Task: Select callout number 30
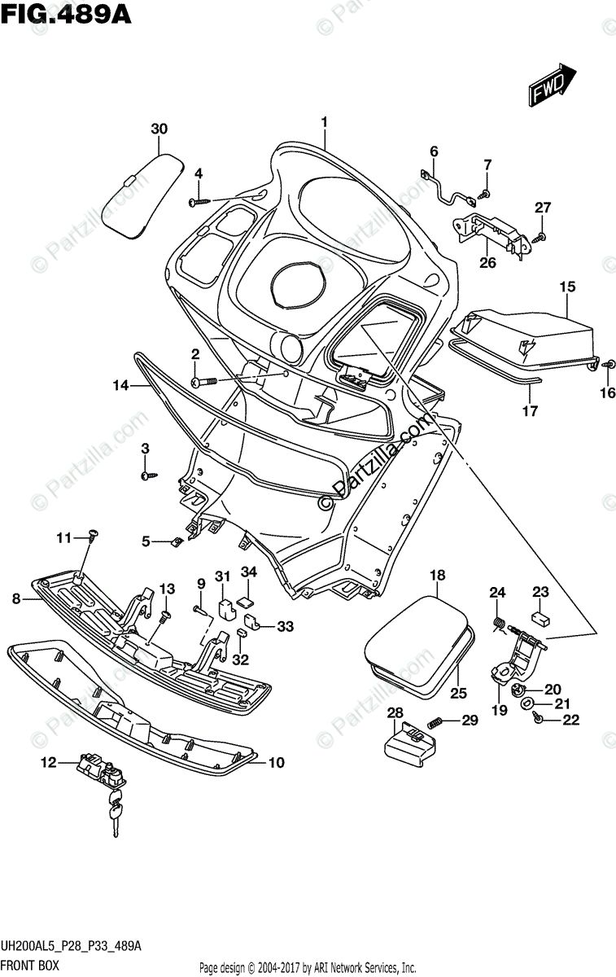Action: click(159, 129)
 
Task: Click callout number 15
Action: click(567, 287)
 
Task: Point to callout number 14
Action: click(120, 386)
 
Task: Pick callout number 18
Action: click(437, 576)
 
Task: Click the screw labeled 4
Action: click(199, 200)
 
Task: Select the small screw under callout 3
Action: click(146, 475)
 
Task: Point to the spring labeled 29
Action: click(435, 721)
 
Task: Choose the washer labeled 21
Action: click(527, 703)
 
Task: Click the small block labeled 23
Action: click(540, 618)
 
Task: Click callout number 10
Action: click(276, 763)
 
